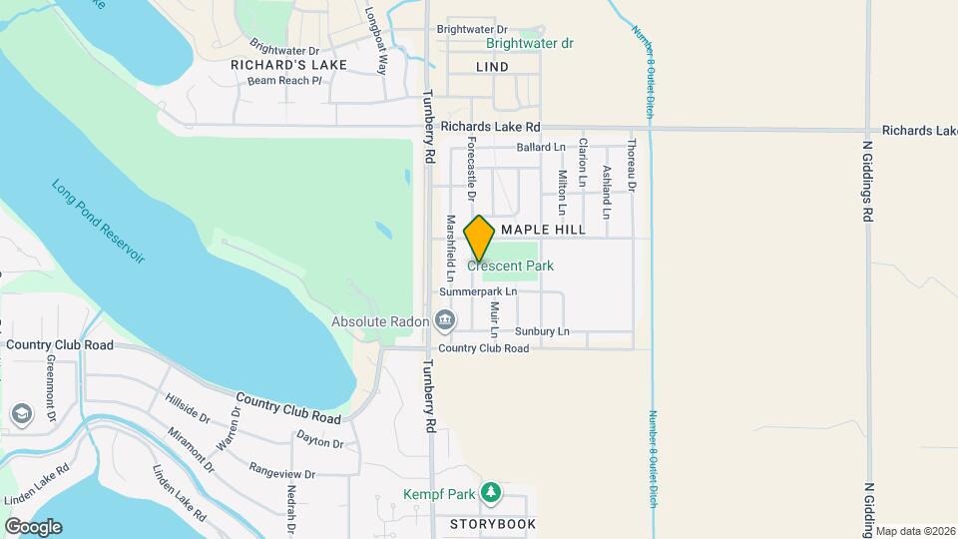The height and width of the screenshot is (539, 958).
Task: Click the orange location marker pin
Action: [x=479, y=239]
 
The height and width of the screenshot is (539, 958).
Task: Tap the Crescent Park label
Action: [x=510, y=267]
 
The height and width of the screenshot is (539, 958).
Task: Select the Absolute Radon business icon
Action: [x=445, y=321]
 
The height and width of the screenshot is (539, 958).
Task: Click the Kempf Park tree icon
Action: [x=490, y=493]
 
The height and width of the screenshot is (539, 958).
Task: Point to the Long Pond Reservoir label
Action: [x=99, y=222]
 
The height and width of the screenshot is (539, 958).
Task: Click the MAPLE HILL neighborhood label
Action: [x=543, y=230]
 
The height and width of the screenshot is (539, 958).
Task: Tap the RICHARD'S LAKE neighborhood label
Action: [x=288, y=65]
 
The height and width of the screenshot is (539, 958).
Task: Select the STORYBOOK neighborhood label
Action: [x=492, y=524]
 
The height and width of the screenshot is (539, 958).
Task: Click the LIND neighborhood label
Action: [x=492, y=67]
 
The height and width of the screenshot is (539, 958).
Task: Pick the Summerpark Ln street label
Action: [x=479, y=292]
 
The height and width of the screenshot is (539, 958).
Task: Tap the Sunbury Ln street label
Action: [x=542, y=331]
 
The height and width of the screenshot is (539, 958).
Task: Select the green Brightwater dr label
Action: [x=530, y=44]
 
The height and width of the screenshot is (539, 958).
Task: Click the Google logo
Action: [x=33, y=527]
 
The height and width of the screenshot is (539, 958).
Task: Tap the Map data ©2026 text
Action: [x=915, y=530]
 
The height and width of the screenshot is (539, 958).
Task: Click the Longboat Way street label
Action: [x=375, y=42]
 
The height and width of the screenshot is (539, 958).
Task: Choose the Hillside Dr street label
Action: [x=188, y=407]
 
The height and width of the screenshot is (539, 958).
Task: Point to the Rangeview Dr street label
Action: [x=282, y=473]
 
